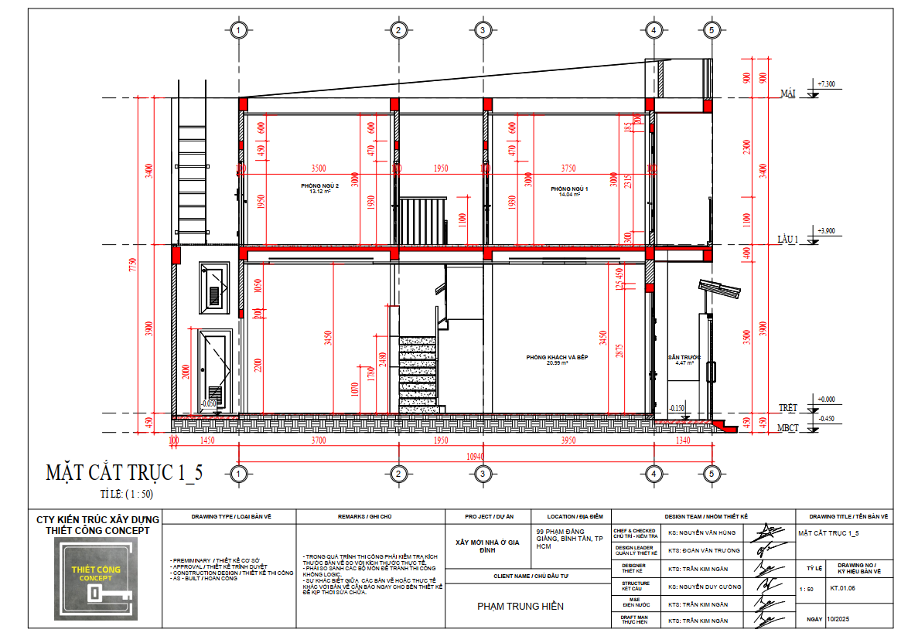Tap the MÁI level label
tap(788, 94)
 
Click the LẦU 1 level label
tap(787, 241)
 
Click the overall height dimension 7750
tap(133, 265)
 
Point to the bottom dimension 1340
tap(682, 440)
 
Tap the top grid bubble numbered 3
tap(482, 30)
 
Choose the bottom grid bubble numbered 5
tap(712, 473)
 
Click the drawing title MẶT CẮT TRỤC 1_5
tap(125, 472)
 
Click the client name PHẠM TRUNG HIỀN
tap(520, 607)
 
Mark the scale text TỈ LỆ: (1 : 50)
tap(126, 493)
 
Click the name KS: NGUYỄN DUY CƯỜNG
tap(705, 587)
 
